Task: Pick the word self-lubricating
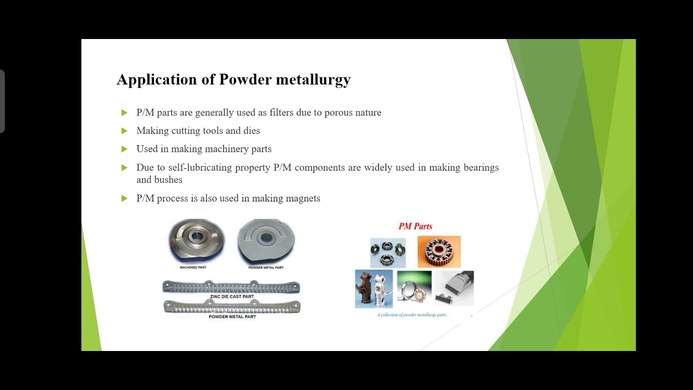click(x=200, y=167)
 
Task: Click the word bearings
click(x=481, y=167)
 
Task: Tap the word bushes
click(x=168, y=180)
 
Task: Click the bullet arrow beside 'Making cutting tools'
click(x=125, y=131)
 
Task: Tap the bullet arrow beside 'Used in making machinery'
click(x=125, y=149)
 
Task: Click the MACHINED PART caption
click(x=193, y=268)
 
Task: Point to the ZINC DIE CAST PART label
click(x=232, y=297)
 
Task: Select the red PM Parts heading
click(x=415, y=226)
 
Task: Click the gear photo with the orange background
click(x=439, y=251)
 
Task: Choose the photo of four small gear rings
click(x=388, y=252)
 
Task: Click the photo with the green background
click(x=414, y=288)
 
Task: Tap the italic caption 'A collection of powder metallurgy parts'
click(x=412, y=315)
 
